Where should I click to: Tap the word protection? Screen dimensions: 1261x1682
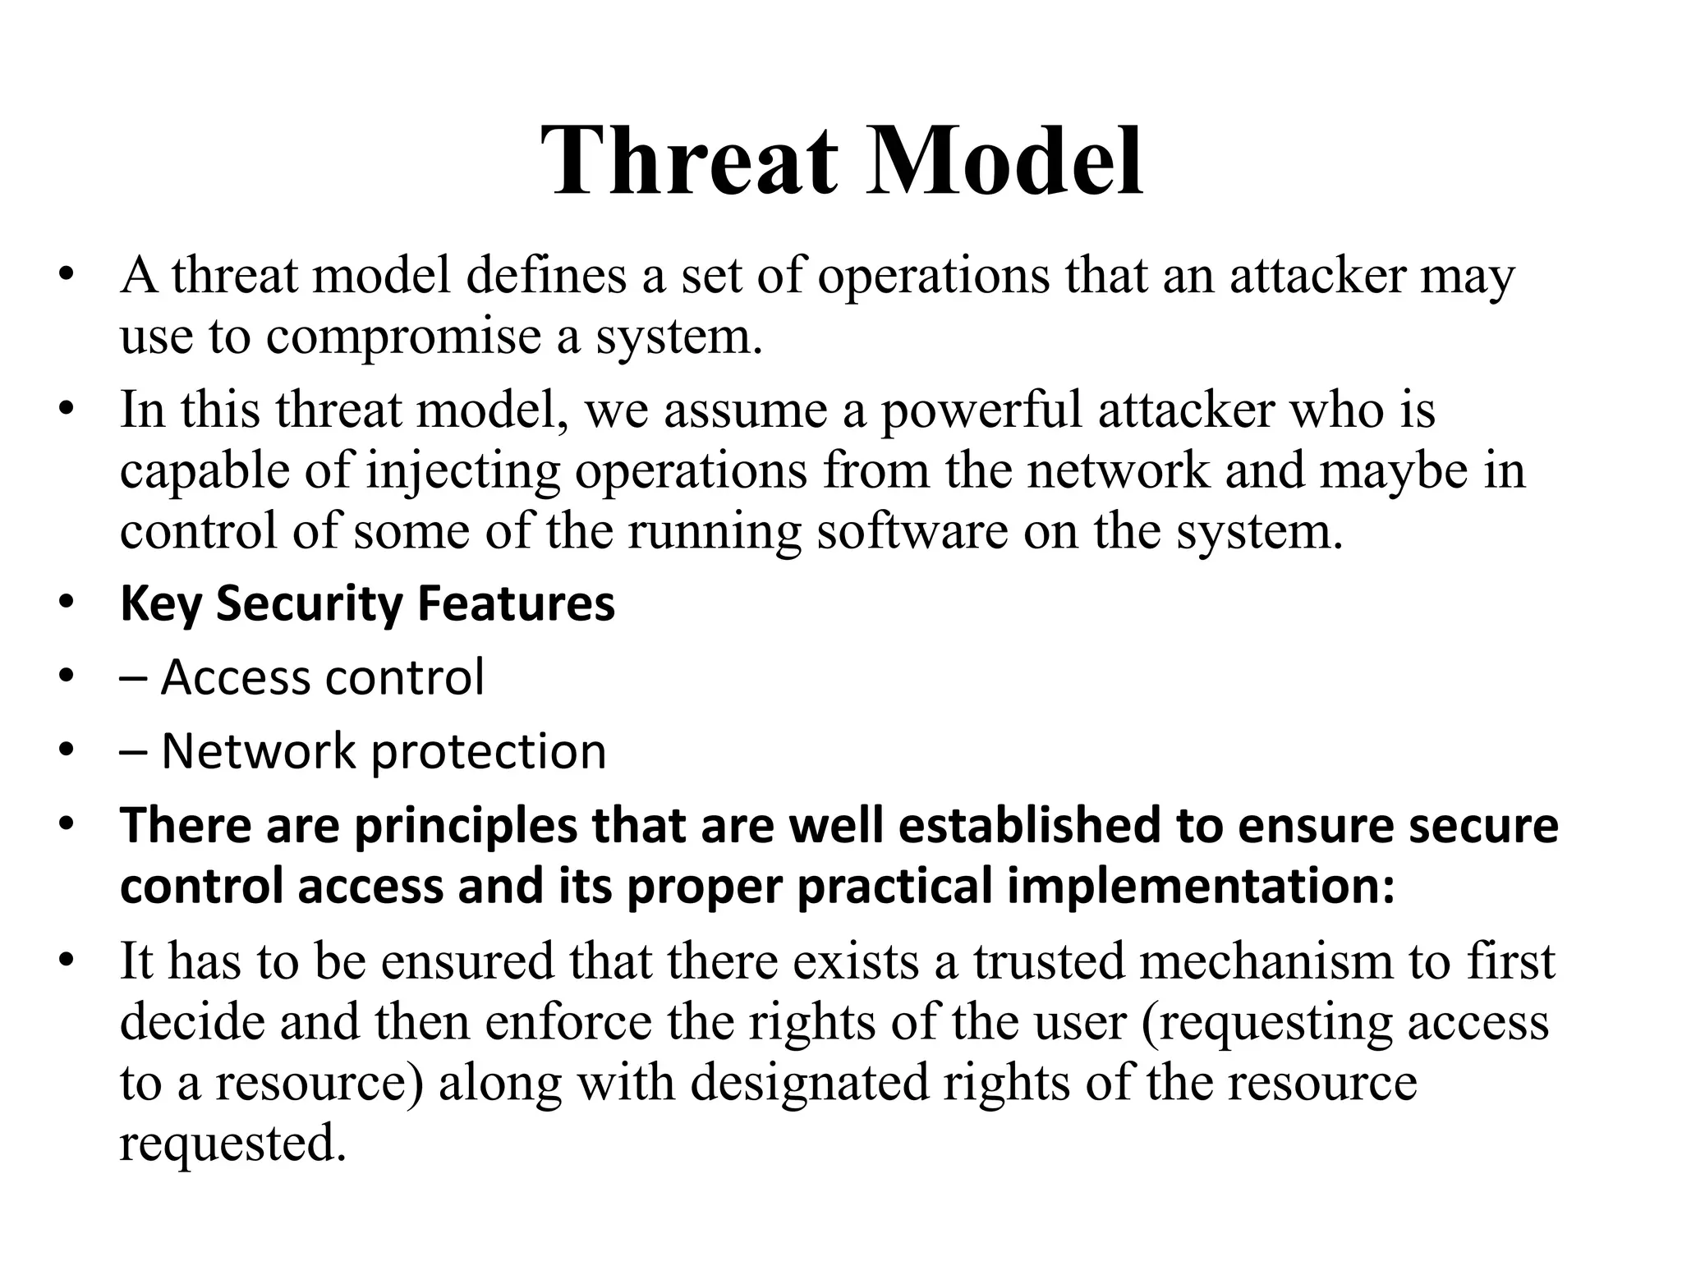tap(489, 752)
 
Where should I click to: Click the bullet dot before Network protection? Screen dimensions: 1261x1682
tap(67, 750)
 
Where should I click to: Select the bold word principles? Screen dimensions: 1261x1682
tap(466, 826)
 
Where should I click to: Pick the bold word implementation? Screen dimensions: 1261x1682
tap(1200, 887)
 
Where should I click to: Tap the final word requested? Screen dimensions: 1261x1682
tap(232, 1144)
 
